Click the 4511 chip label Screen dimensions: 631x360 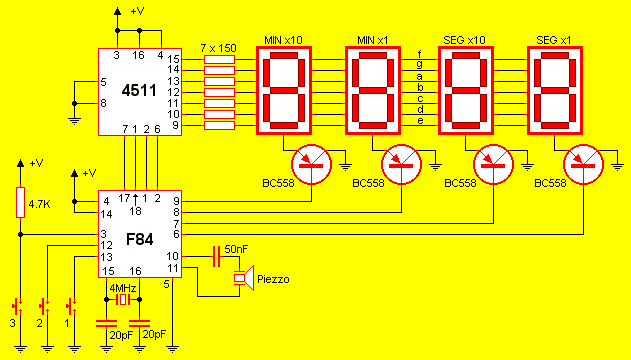coord(139,91)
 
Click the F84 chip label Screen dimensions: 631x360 coord(139,239)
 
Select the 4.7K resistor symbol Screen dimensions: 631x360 coord(21,203)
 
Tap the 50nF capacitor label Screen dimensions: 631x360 coord(236,249)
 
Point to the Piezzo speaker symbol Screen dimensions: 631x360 coord(244,278)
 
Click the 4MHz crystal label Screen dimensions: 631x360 coord(123,288)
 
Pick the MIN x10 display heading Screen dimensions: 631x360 coord(283,40)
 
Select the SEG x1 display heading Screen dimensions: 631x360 coord(554,40)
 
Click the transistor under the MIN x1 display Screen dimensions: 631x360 coord(401,165)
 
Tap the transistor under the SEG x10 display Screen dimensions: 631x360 coord(493,165)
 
